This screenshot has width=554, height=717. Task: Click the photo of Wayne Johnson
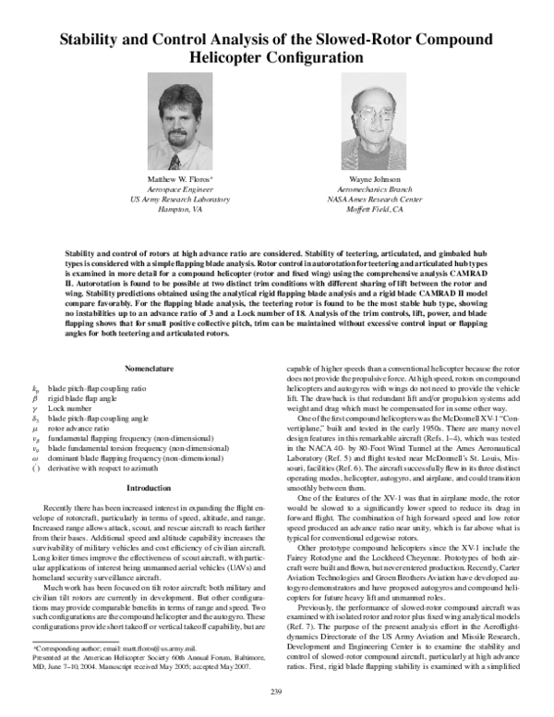372,121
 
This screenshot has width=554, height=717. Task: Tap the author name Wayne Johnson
372,176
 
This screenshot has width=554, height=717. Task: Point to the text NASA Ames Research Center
372,199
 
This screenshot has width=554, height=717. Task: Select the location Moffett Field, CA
372,210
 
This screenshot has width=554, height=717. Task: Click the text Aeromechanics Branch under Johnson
372,188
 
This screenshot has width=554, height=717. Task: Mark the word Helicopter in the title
235,57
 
